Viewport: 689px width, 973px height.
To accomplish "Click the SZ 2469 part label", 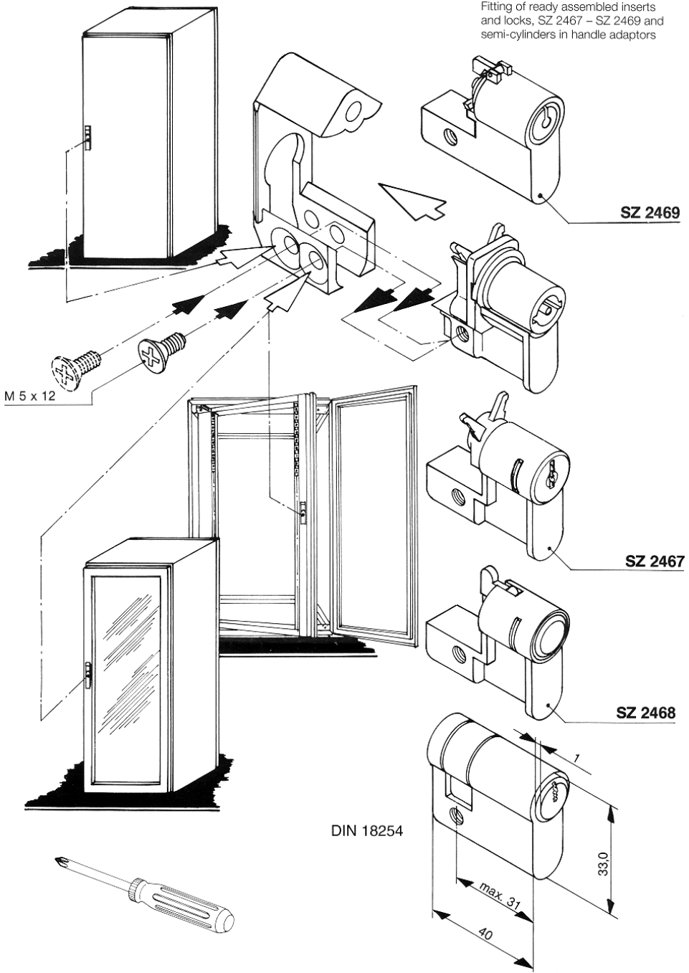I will click(650, 213).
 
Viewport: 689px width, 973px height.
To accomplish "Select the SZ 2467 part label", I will click(655, 561).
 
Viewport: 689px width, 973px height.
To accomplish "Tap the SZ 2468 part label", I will click(645, 713).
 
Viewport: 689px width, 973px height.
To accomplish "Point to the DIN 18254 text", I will click(367, 832).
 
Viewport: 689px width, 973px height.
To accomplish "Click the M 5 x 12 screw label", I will click(32, 396).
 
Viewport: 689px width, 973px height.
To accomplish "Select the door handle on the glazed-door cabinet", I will click(87, 675).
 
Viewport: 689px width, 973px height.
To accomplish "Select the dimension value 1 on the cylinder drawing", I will click(576, 759).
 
